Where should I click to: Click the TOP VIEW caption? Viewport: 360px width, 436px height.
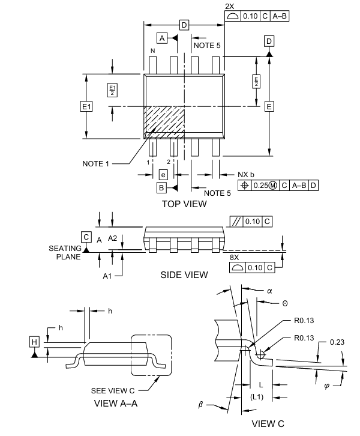[x=184, y=204]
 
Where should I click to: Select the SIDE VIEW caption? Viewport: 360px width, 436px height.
[x=184, y=275]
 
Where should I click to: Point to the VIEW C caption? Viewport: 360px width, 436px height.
[x=268, y=424]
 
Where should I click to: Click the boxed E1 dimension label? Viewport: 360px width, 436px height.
[x=86, y=106]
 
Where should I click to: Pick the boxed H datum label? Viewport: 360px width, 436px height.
[x=34, y=342]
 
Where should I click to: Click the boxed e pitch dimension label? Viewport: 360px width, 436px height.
[x=163, y=174]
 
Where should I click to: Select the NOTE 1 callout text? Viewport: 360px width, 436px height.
[x=97, y=163]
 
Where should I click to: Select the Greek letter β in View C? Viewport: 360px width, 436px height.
[x=202, y=405]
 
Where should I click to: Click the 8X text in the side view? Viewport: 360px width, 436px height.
[x=235, y=257]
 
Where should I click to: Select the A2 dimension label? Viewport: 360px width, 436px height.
[x=112, y=238]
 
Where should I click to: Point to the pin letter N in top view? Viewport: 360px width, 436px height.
[x=153, y=51]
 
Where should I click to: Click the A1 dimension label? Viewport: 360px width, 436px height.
[x=107, y=276]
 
